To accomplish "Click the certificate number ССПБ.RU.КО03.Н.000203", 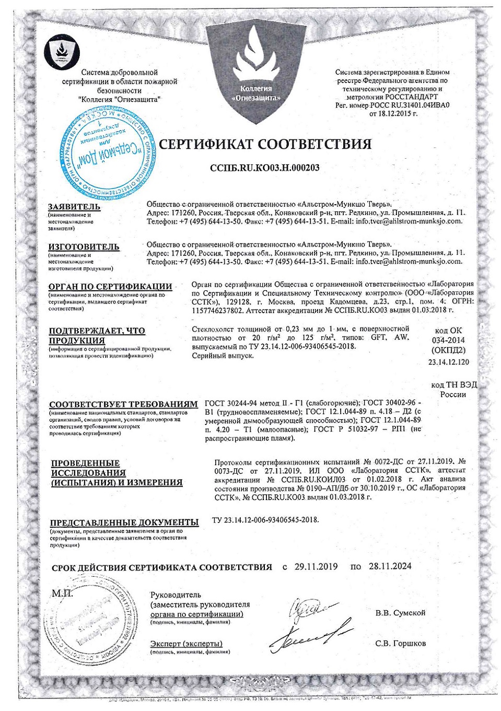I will (x=264, y=168).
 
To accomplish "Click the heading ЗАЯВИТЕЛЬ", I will (x=74, y=207).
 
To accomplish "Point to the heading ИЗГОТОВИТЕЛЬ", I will (x=84, y=246).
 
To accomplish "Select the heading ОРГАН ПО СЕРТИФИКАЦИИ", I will (x=110, y=286).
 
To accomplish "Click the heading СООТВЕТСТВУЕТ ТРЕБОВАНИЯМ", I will (x=123, y=404).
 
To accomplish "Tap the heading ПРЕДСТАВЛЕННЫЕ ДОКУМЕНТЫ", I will (x=124, y=522).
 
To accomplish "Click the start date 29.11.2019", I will (x=316, y=566).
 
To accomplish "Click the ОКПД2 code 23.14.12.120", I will (x=448, y=362).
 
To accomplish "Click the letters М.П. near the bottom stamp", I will (x=63, y=594).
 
